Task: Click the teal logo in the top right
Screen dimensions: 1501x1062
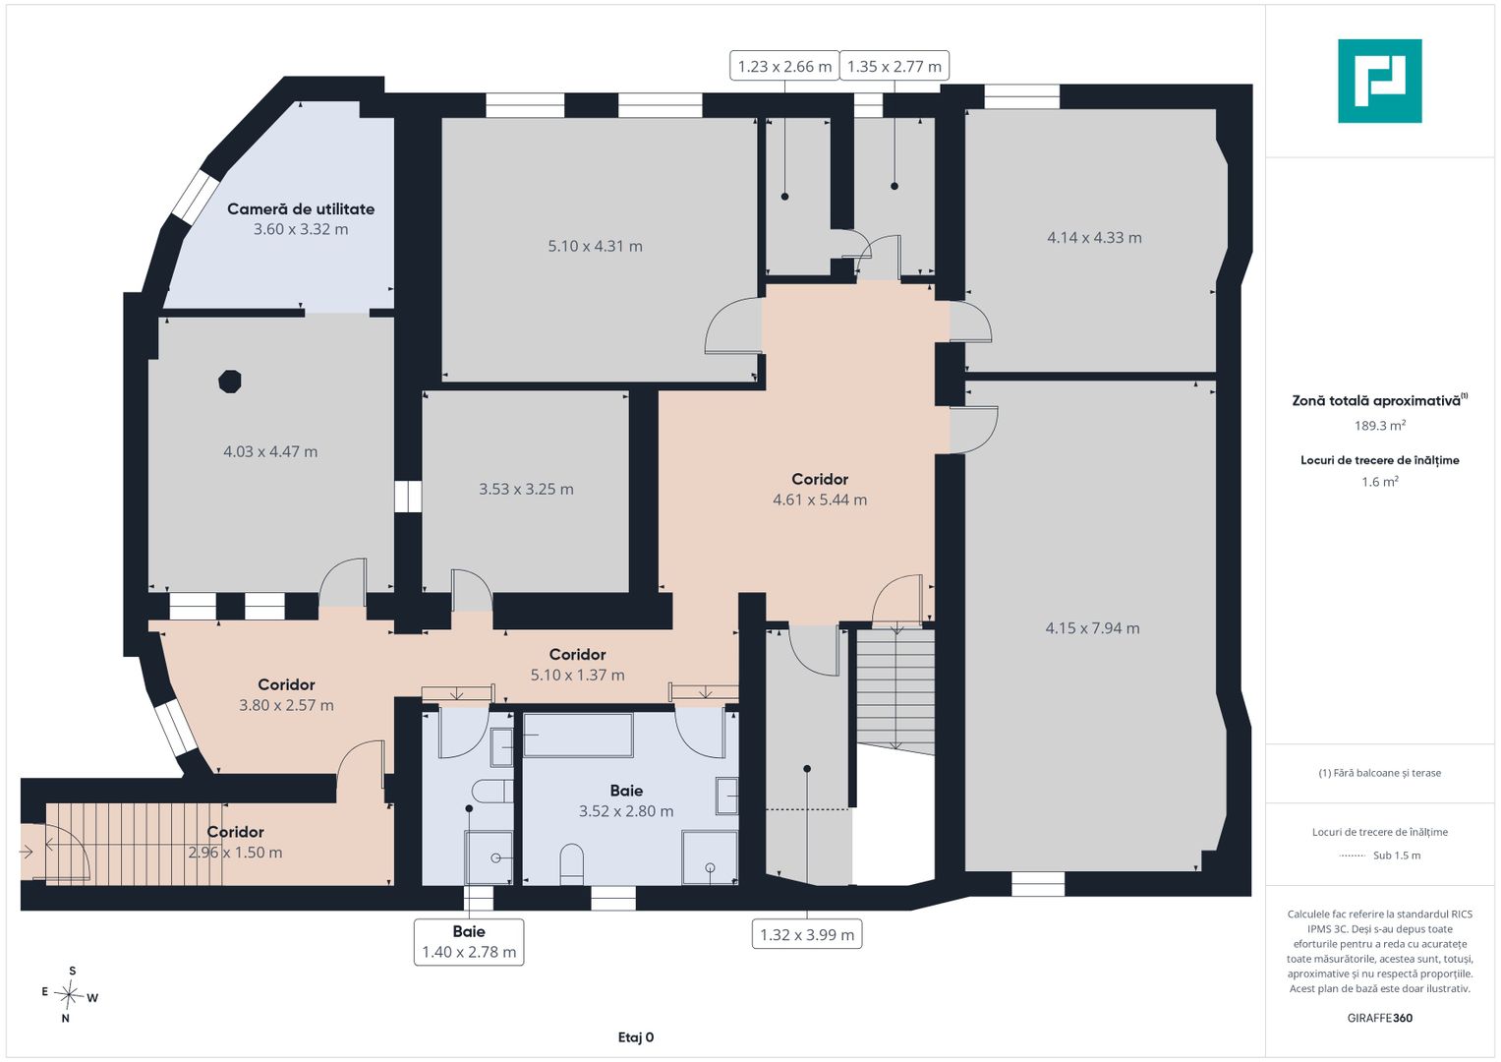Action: click(1380, 81)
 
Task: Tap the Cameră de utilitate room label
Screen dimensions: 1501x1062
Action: click(301, 209)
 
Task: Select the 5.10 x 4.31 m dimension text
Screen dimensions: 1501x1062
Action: click(595, 246)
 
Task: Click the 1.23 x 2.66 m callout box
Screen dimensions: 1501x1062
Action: click(784, 66)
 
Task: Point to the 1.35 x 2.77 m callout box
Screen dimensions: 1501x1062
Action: click(894, 66)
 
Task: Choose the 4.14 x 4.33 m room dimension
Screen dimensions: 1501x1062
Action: click(1094, 237)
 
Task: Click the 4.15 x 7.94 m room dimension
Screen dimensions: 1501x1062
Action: click(1092, 628)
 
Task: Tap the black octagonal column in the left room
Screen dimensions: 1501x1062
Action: click(230, 382)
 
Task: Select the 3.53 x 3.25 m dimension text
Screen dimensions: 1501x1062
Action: click(526, 490)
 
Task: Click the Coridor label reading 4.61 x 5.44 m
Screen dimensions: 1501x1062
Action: click(820, 490)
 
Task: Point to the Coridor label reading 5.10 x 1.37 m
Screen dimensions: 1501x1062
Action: click(578, 665)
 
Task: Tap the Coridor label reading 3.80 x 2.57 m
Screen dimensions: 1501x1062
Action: click(286, 694)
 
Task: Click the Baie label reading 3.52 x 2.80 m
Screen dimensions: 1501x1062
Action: click(626, 800)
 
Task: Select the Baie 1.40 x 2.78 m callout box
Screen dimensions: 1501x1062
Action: click(469, 942)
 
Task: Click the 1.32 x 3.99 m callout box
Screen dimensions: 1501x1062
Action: click(807, 934)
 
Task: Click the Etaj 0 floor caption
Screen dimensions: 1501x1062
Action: click(636, 1037)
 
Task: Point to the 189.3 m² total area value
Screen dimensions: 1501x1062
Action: click(1380, 425)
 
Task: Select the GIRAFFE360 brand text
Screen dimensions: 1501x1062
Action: click(1380, 1018)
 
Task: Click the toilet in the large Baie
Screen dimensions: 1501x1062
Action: click(571, 864)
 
